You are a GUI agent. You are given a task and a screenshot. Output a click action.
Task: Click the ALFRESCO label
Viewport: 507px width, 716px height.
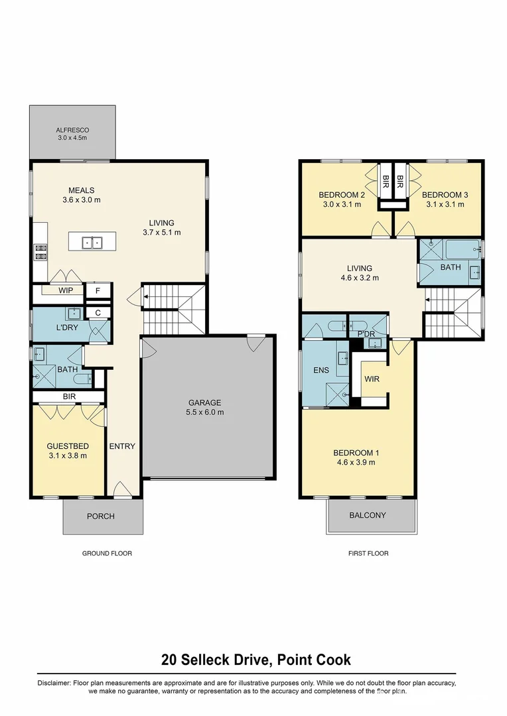click(x=72, y=129)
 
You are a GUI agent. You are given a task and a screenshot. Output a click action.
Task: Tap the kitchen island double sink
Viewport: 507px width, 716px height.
click(x=92, y=243)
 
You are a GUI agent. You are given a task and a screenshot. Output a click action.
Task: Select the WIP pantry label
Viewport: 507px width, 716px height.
click(x=66, y=290)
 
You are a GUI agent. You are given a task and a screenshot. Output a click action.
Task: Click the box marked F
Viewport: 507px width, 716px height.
click(x=98, y=290)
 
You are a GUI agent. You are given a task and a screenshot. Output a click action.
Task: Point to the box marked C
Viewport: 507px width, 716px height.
click(x=98, y=313)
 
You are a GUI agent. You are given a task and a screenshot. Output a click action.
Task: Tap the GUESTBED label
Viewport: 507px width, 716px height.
click(x=67, y=446)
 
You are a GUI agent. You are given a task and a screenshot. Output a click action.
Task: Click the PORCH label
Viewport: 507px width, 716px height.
click(x=101, y=516)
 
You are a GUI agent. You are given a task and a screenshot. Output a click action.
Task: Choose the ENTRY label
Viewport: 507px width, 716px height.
click(x=122, y=446)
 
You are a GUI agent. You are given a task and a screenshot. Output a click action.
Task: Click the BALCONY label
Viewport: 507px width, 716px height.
click(x=368, y=515)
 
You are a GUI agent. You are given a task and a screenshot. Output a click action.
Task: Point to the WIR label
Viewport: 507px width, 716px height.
click(x=372, y=380)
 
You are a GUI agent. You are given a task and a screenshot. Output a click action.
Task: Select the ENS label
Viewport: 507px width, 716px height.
click(x=321, y=370)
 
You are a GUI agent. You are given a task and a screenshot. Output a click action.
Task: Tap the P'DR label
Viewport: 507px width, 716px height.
click(x=366, y=334)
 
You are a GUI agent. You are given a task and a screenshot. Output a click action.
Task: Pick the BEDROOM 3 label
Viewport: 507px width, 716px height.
click(x=445, y=195)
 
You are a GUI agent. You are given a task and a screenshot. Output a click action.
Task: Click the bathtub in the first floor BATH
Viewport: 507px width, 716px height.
click(x=463, y=251)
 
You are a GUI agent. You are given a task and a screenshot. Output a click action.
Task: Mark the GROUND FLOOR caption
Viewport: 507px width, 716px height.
click(x=107, y=553)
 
